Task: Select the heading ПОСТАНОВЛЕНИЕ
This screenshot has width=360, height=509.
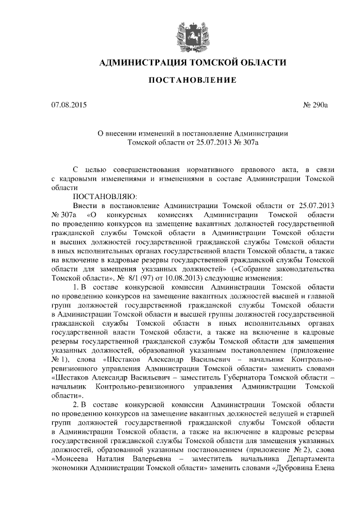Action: (x=192, y=80)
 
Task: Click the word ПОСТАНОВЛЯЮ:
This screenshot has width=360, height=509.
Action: (x=102, y=197)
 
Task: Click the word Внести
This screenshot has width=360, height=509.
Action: (x=86, y=206)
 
